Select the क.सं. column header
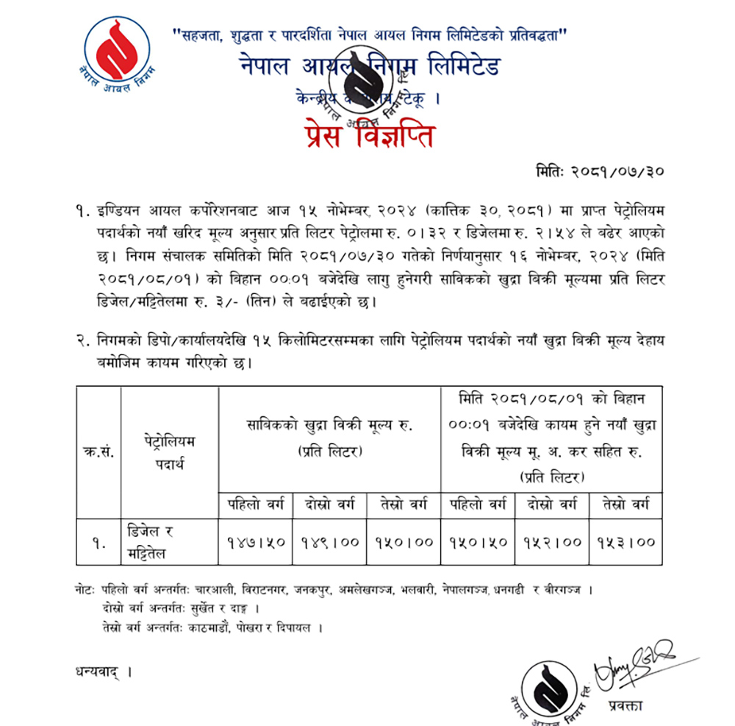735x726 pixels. [x=98, y=452]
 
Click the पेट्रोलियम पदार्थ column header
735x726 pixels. [x=170, y=452]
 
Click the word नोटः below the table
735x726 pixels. [x=86, y=591]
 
